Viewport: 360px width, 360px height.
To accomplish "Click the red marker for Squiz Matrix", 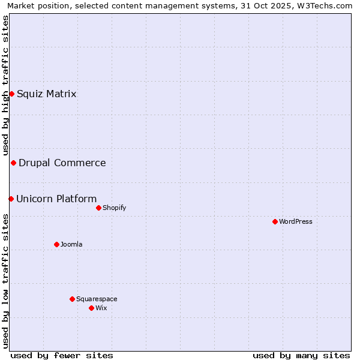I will [11, 94].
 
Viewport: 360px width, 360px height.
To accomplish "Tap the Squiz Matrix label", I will [46, 94].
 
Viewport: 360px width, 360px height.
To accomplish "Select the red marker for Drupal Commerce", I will [13, 163].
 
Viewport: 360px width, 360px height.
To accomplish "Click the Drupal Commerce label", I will [62, 163].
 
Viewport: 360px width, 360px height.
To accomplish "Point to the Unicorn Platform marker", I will [11, 199].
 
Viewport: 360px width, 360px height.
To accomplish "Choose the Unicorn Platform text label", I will [56, 199].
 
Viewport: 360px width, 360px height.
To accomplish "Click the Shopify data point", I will [98, 208].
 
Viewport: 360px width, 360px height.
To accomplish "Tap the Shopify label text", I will [114, 208].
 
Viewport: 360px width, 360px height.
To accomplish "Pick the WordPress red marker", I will [275, 221].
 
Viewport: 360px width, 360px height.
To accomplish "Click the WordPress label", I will [295, 221].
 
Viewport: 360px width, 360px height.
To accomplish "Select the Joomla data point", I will [56, 244].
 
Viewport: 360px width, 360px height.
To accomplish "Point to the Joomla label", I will [71, 244].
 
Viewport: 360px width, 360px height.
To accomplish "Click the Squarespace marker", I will [72, 299].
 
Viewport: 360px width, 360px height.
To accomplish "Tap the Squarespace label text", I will [97, 299].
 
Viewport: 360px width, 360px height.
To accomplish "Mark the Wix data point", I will [91, 308].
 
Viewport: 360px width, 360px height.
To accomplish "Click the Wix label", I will [101, 308].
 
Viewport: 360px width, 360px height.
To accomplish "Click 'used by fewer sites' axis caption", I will [62, 355].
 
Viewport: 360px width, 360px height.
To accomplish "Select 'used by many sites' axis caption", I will [301, 355].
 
